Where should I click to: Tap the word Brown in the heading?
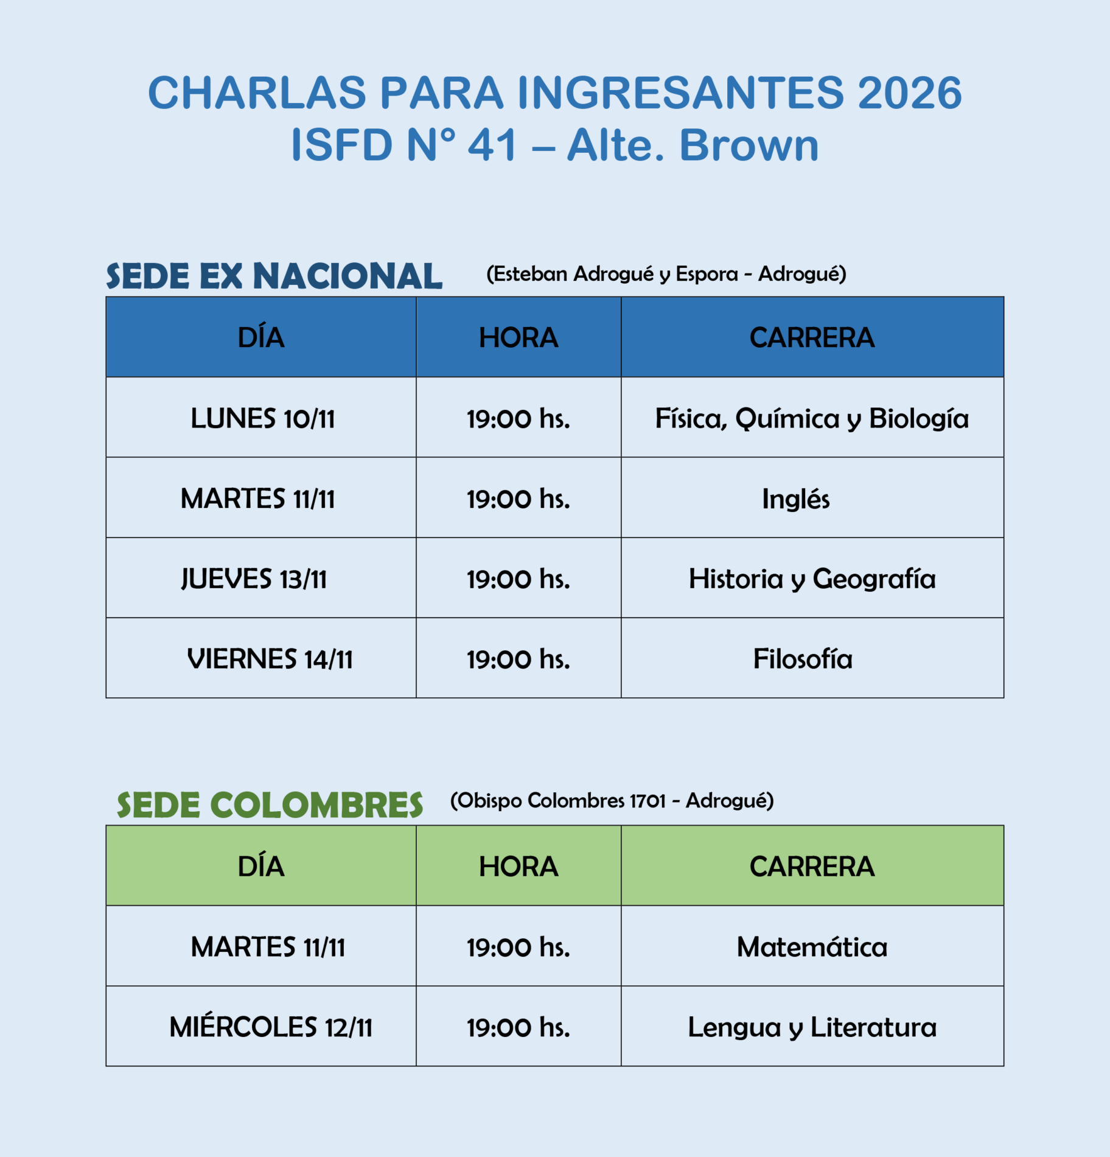pyautogui.click(x=749, y=146)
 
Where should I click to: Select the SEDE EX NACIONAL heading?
pyautogui.click(x=274, y=276)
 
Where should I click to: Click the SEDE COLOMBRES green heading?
pyautogui.click(x=270, y=805)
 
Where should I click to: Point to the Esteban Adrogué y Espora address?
pyautogui.click(x=666, y=274)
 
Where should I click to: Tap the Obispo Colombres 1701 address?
pyautogui.click(x=612, y=800)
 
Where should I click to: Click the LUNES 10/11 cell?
pyautogui.click(x=262, y=419)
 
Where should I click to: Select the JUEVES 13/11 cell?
pyautogui.click(x=254, y=579)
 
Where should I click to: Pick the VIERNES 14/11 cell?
pyautogui.click(x=270, y=659)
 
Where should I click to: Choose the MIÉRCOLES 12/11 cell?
pyautogui.click(x=271, y=1027)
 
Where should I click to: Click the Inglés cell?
pyautogui.click(x=795, y=499)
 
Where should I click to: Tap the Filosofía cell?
pyautogui.click(x=803, y=659)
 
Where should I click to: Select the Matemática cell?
pyautogui.click(x=812, y=948)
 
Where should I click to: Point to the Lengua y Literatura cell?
pyautogui.click(x=812, y=1028)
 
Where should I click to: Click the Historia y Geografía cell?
pyautogui.click(x=812, y=579)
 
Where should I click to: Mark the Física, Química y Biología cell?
pyautogui.click(x=812, y=419)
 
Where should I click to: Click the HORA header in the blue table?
pyautogui.click(x=518, y=338)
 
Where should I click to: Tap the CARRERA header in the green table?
pyautogui.click(x=812, y=867)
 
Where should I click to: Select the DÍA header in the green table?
pyautogui.click(x=261, y=867)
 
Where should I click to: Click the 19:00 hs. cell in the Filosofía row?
pyautogui.click(x=518, y=659)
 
